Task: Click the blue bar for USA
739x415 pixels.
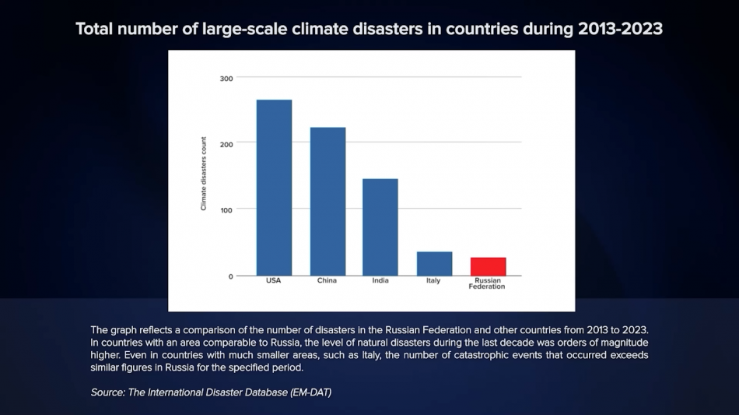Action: pyautogui.click(x=274, y=188)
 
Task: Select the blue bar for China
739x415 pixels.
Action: pyautogui.click(x=327, y=201)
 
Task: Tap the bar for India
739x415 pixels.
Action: pyautogui.click(x=380, y=227)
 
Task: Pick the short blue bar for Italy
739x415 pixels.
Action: pyautogui.click(x=434, y=263)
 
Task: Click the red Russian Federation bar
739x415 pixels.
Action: pyautogui.click(x=488, y=266)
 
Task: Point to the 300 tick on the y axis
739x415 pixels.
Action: pyautogui.click(x=226, y=78)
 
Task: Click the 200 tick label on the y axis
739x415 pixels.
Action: pyautogui.click(x=226, y=143)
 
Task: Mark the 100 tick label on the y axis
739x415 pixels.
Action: pyautogui.click(x=226, y=209)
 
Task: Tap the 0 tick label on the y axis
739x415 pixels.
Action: pyautogui.click(x=230, y=276)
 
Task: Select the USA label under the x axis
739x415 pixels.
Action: pyautogui.click(x=274, y=281)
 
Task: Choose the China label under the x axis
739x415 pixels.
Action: pyautogui.click(x=327, y=281)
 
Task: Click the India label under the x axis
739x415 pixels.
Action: pyautogui.click(x=380, y=281)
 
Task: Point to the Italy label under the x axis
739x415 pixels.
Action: pyautogui.click(x=433, y=281)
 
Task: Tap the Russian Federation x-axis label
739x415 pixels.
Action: pyautogui.click(x=488, y=283)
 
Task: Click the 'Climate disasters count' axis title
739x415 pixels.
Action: pyautogui.click(x=204, y=174)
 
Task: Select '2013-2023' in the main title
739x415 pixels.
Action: pyautogui.click(x=620, y=30)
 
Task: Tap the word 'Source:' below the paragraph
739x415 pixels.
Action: pyautogui.click(x=107, y=392)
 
